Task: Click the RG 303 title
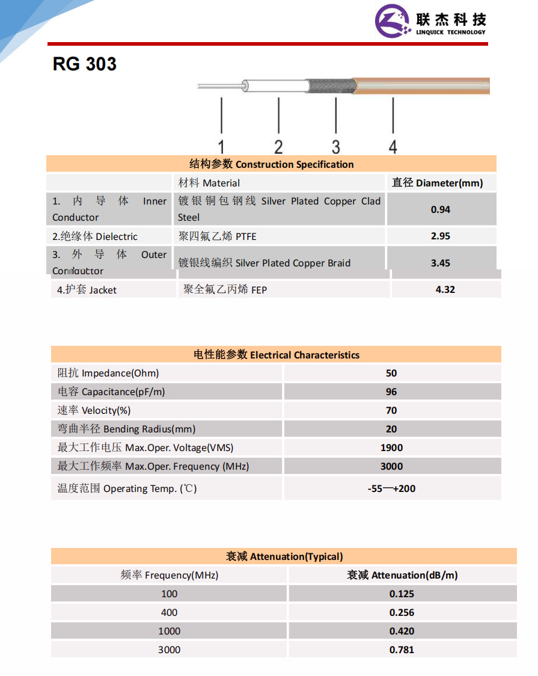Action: click(85, 64)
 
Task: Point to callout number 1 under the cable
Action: click(221, 146)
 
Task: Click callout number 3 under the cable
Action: click(335, 146)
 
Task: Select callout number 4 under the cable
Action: click(393, 146)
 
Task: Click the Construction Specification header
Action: click(272, 164)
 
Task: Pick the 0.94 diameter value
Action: click(441, 209)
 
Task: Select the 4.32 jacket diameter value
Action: click(445, 289)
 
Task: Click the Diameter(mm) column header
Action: click(438, 183)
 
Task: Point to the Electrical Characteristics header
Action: click(276, 355)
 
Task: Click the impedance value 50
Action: click(391, 373)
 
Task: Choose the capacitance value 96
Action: click(391, 392)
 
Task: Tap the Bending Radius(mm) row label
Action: click(126, 429)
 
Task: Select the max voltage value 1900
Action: click(391, 447)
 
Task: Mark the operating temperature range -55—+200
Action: click(391, 488)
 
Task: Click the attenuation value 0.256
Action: click(402, 612)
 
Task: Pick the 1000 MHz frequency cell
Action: click(170, 631)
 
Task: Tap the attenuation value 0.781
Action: click(402, 650)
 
